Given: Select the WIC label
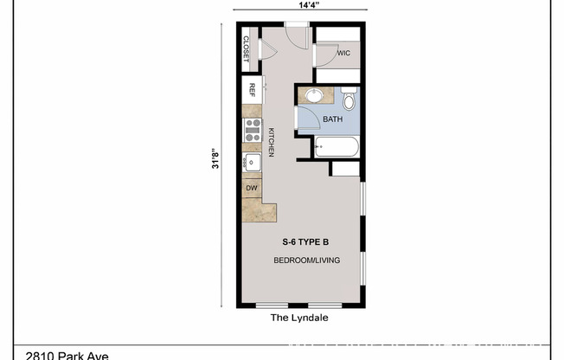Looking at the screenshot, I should pyautogui.click(x=343, y=53).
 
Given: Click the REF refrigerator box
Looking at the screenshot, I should pyautogui.click(x=252, y=89).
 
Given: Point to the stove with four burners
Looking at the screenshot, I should pyautogui.click(x=253, y=130).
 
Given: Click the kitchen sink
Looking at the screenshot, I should pyautogui.click(x=253, y=162).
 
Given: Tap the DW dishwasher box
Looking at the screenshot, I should pyautogui.click(x=252, y=187).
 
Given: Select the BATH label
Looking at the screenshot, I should pyautogui.click(x=333, y=119).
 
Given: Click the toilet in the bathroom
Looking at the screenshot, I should pyautogui.click(x=349, y=100).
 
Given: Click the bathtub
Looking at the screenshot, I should pyautogui.click(x=336, y=147).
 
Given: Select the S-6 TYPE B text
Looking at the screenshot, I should pyautogui.click(x=306, y=242).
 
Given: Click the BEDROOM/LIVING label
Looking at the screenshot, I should pyautogui.click(x=306, y=260).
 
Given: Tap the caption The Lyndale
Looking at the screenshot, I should pyautogui.click(x=300, y=318).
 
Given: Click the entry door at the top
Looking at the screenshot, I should pyautogui.click(x=296, y=35).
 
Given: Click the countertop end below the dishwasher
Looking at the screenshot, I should pyautogui.click(x=259, y=209).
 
